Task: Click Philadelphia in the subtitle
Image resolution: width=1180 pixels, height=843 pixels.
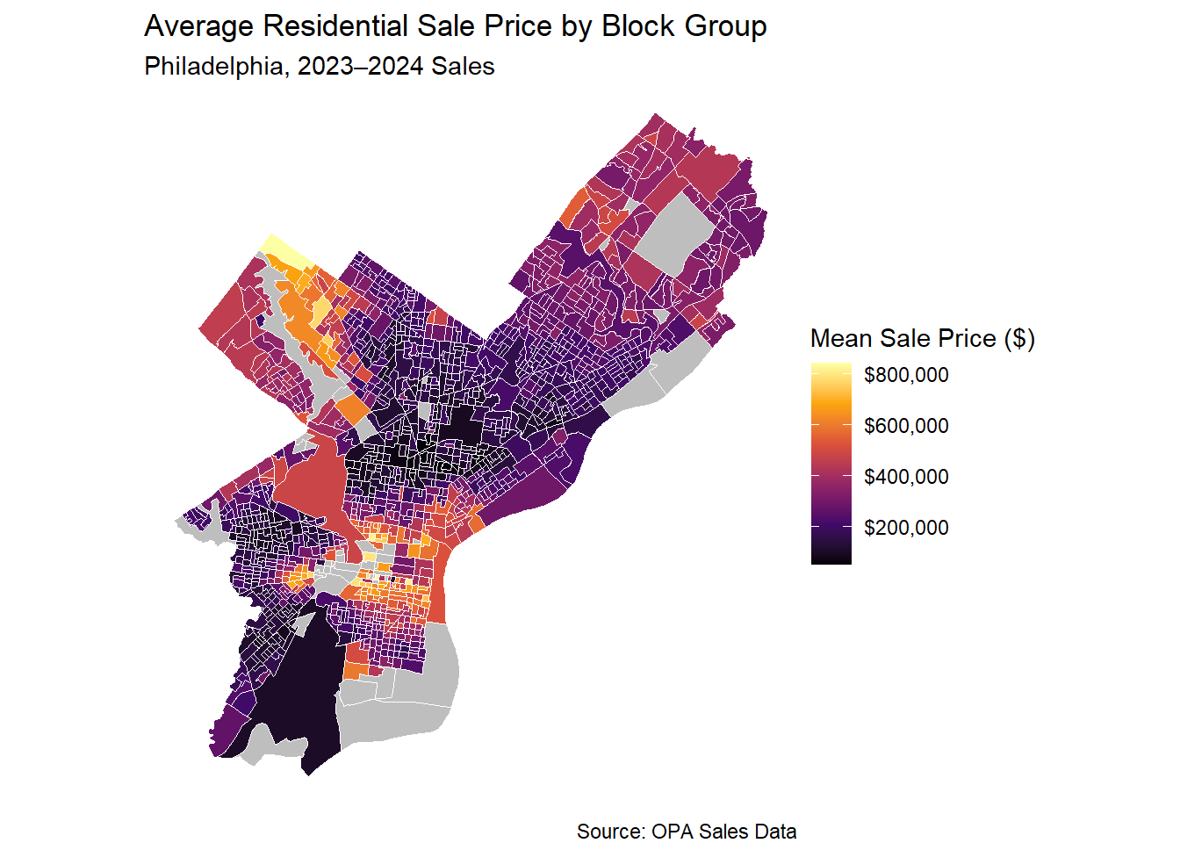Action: pyautogui.click(x=213, y=67)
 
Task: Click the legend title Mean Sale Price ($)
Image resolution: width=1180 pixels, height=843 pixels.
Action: pyautogui.click(x=922, y=338)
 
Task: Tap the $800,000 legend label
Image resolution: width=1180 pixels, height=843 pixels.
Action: pyautogui.click(x=906, y=375)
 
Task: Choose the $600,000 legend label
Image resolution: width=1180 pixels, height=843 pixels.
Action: pyautogui.click(x=906, y=426)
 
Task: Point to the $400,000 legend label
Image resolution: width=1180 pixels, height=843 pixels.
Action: pyautogui.click(x=906, y=477)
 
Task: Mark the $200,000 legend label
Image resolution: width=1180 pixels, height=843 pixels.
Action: pyautogui.click(x=906, y=528)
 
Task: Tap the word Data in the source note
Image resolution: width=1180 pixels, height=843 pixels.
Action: pyautogui.click(x=775, y=832)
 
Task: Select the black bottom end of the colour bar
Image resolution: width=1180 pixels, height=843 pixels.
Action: pyautogui.click(x=831, y=558)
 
